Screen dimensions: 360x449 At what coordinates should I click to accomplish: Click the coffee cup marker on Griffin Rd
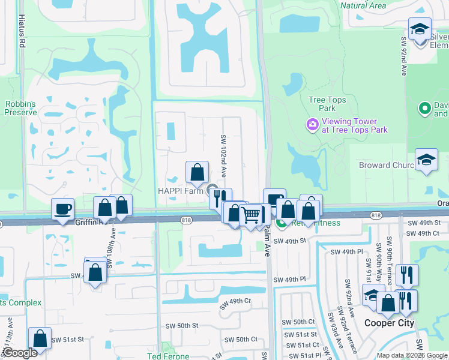coord(62,209)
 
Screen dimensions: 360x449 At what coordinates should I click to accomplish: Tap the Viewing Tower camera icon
coord(312,125)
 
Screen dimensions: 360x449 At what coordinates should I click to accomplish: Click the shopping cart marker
coord(251,214)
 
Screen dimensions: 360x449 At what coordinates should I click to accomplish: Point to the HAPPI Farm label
coord(181,191)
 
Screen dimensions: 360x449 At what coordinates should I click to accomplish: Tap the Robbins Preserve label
coord(20,108)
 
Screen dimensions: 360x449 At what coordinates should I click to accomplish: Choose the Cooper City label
coord(390,323)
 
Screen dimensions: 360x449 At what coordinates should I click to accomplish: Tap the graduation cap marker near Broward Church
coord(426,161)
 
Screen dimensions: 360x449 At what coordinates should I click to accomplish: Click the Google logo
coord(20,353)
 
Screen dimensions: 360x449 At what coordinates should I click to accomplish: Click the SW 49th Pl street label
coord(291,280)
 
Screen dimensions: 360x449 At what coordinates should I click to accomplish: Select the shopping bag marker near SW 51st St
coord(40,338)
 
